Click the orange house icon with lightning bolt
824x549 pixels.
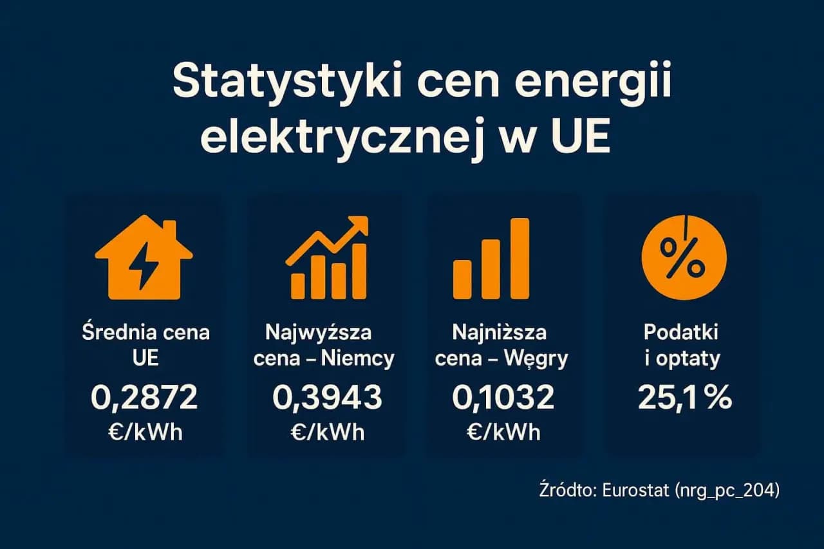(144, 260)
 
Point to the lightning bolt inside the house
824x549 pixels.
(142, 266)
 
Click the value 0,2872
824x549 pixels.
(144, 399)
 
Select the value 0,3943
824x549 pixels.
(327, 399)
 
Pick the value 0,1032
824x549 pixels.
(503, 399)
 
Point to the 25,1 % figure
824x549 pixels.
(684, 399)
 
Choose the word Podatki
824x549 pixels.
(681, 333)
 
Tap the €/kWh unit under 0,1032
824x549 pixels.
(503, 432)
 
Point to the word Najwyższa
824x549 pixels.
(318, 333)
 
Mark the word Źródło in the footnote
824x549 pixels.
(566, 490)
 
